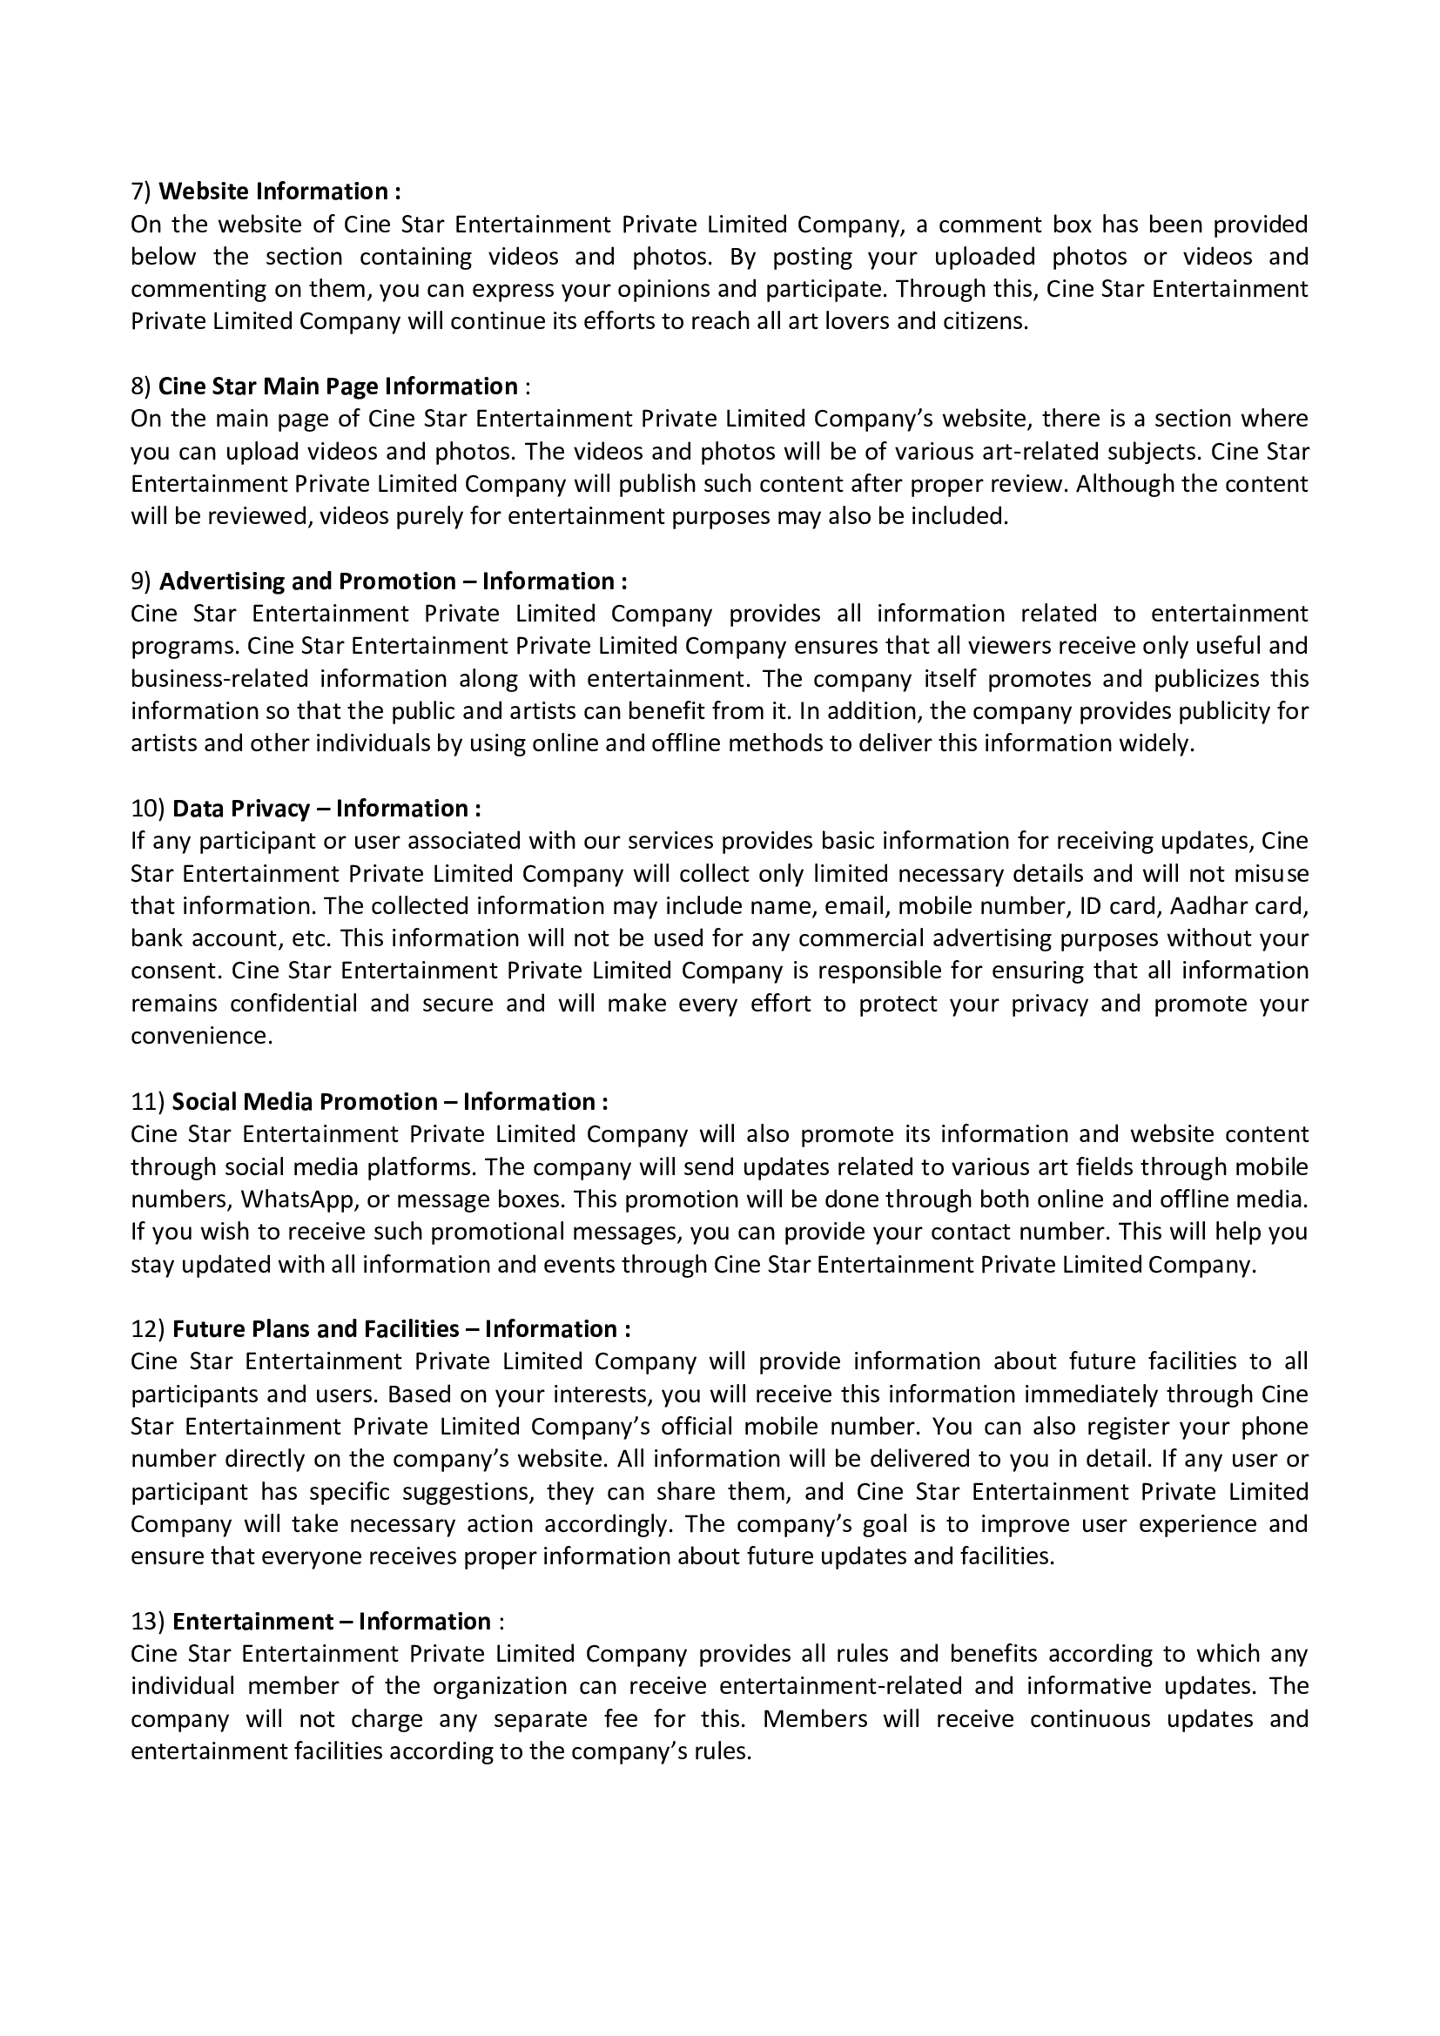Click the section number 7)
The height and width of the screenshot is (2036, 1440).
pos(141,192)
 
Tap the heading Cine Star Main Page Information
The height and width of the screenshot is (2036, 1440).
pos(338,386)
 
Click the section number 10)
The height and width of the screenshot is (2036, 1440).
pos(147,809)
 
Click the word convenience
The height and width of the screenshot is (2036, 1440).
pos(201,1036)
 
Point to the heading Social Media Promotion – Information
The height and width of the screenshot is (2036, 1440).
pos(389,1102)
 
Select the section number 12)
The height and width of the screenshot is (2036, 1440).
pos(147,1329)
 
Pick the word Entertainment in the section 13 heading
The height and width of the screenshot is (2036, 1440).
pos(251,1622)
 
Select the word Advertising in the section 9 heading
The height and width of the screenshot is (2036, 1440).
pos(222,581)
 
